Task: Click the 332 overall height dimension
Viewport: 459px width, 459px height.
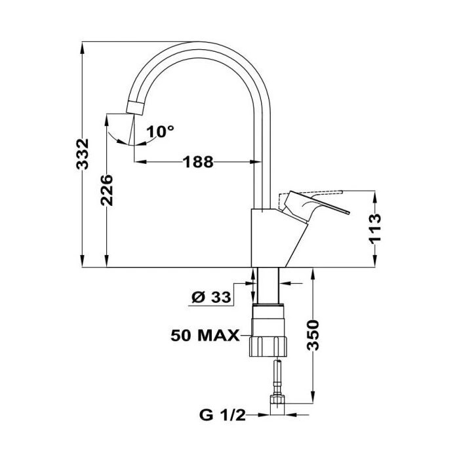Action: pyautogui.click(x=82, y=154)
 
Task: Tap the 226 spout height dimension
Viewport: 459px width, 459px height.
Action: pyautogui.click(x=106, y=190)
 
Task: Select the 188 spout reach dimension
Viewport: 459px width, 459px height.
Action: pyautogui.click(x=198, y=162)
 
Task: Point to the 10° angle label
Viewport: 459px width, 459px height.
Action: pyautogui.click(x=160, y=132)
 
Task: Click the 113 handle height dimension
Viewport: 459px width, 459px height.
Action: pyautogui.click(x=375, y=229)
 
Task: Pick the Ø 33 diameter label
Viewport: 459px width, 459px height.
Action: pyautogui.click(x=211, y=298)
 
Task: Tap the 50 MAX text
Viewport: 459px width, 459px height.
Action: pyautogui.click(x=205, y=336)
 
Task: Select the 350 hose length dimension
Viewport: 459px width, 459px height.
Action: pyautogui.click(x=313, y=335)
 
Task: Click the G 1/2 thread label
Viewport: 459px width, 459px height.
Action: pyautogui.click(x=222, y=415)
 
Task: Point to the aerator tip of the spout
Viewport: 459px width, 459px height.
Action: pyautogui.click(x=135, y=107)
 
